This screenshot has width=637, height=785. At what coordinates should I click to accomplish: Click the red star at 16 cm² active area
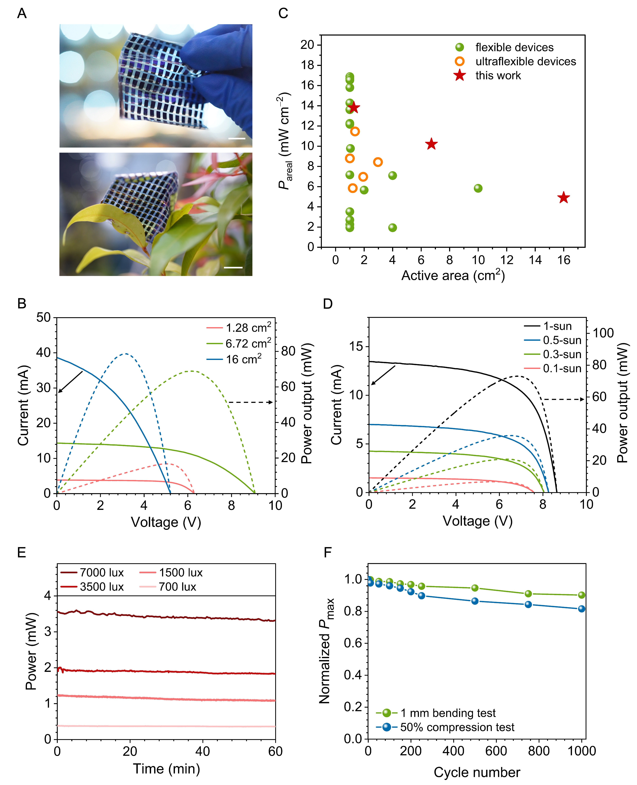pyautogui.click(x=563, y=198)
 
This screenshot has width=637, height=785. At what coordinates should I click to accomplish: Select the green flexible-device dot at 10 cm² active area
pyautogui.click(x=478, y=188)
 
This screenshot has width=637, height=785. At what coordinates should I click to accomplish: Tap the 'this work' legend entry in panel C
pyautogui.click(x=498, y=76)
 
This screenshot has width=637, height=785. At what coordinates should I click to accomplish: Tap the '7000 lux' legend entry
pyautogui.click(x=102, y=573)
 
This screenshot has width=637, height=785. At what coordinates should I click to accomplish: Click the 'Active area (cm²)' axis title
pyautogui.click(x=453, y=275)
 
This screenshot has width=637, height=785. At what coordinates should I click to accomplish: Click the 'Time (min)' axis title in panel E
pyautogui.click(x=166, y=768)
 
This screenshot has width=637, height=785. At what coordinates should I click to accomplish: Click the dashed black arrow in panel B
pyautogui.click(x=251, y=402)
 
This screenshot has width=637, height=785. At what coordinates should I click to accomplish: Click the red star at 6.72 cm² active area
pyautogui.click(x=431, y=144)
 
